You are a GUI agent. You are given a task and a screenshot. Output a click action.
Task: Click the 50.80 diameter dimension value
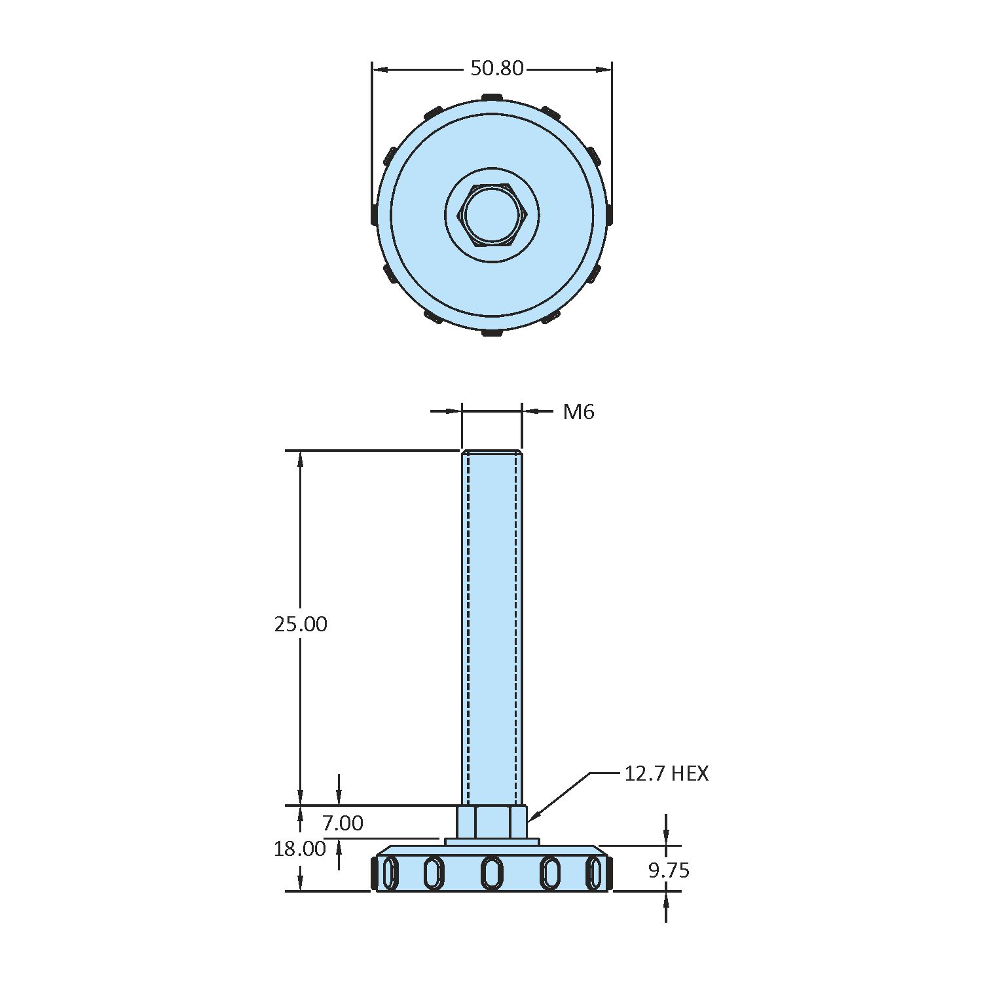(497, 68)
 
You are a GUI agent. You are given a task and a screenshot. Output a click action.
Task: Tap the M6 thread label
(578, 412)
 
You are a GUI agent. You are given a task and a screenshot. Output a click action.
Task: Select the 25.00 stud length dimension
(301, 624)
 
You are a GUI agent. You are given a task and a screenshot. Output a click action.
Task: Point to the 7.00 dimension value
(343, 823)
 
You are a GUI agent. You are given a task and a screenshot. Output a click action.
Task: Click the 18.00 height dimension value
(300, 849)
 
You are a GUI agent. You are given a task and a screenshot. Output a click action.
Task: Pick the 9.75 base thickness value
(669, 870)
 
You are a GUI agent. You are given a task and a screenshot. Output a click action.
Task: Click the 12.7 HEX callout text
(666, 773)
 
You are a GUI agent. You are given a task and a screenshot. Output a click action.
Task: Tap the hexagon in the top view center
(492, 215)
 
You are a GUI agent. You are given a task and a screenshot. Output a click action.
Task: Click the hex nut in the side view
(492, 822)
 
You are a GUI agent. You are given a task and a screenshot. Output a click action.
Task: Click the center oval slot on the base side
(492, 873)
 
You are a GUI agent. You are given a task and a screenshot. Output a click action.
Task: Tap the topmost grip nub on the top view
(492, 98)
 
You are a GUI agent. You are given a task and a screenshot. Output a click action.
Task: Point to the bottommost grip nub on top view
(492, 333)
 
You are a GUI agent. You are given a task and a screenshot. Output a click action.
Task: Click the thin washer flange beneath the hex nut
(492, 842)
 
